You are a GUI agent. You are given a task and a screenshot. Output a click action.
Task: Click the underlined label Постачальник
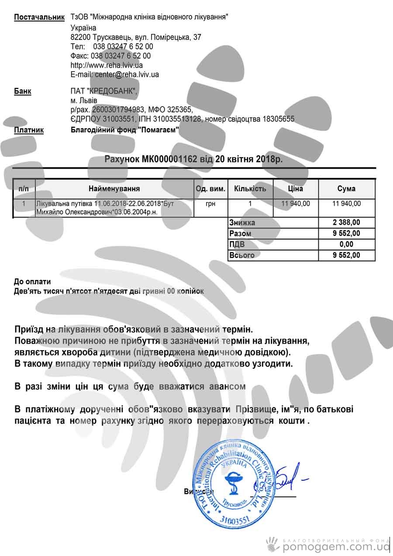coord(39,17)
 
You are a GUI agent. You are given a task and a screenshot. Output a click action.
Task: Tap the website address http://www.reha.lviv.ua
coord(107,65)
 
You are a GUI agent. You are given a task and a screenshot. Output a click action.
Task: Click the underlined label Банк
coord(23,91)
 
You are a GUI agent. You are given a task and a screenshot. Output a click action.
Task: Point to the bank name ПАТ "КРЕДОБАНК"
coord(104,91)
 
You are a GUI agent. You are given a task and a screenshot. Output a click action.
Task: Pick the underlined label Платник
coord(29,130)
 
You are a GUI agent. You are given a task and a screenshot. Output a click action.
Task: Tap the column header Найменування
coord(114,189)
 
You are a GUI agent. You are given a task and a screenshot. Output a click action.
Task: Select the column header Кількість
coord(250,189)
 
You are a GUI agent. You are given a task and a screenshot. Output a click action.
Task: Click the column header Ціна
coord(296,189)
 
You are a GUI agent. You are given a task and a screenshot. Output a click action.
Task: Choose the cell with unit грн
coord(210,204)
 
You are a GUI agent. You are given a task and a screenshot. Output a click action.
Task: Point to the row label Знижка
coord(242,223)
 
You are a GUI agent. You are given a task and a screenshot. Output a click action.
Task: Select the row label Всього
coord(241,255)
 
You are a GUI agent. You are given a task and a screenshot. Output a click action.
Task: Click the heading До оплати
coord(32,282)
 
